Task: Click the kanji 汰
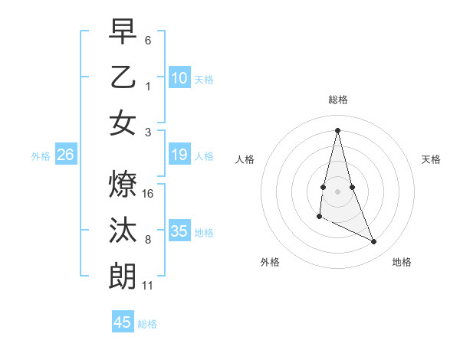[123, 230]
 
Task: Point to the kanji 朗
[123, 277]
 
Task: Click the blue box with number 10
[179, 78]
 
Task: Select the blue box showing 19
[179, 155]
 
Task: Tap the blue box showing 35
[179, 231]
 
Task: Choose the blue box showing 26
[66, 155]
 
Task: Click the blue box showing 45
[123, 322]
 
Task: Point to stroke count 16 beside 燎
[149, 194]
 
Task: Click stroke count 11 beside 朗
[149, 286]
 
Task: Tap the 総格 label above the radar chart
[338, 100]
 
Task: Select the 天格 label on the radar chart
[431, 159]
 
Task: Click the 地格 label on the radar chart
[402, 262]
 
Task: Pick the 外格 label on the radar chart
[270, 262]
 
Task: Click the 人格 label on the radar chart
[245, 159]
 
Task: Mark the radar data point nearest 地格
[374, 242]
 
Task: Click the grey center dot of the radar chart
[338, 191]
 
